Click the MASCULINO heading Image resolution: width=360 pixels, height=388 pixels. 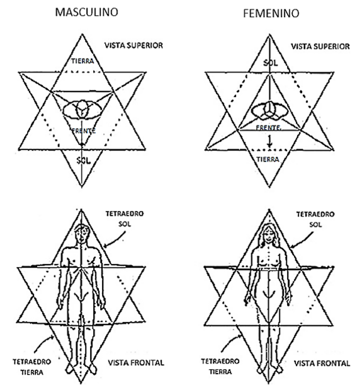click(87, 12)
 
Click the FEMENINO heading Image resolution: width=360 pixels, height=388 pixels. click(271, 13)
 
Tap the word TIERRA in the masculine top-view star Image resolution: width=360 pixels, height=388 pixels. click(82, 61)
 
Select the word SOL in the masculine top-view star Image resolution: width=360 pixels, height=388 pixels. click(84, 161)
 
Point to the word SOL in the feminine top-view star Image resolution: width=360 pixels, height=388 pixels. click(271, 63)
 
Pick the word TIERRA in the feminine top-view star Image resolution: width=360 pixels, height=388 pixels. click(267, 159)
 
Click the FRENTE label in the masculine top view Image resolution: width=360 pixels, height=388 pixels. click(84, 130)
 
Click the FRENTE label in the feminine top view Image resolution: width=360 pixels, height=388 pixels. click(268, 128)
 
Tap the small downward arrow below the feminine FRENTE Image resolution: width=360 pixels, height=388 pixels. click(270, 142)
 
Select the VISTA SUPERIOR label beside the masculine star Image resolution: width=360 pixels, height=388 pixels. click(133, 45)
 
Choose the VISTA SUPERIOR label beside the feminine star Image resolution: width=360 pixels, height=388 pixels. click(320, 47)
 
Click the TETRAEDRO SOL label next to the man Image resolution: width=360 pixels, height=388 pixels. click(125, 219)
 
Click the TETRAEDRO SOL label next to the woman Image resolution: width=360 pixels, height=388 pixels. click(315, 219)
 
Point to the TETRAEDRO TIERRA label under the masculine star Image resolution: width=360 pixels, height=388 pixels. click(31, 367)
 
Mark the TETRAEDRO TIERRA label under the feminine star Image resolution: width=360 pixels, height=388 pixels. click(220, 367)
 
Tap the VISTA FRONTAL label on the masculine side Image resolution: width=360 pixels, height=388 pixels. click(136, 363)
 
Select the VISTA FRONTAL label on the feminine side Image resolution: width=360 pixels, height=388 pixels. click(322, 363)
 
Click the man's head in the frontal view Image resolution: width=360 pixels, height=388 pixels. click(82, 233)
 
